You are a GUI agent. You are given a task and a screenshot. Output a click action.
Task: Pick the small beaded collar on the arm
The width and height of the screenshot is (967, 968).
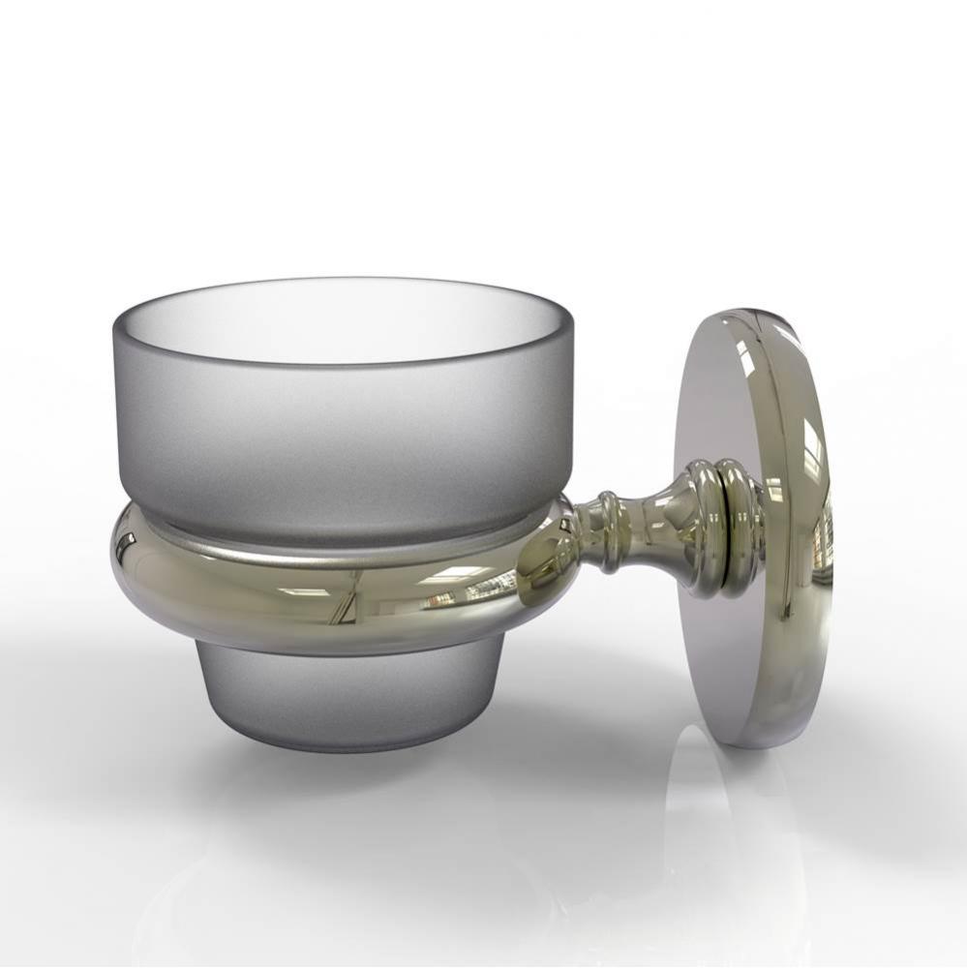coord(607,531)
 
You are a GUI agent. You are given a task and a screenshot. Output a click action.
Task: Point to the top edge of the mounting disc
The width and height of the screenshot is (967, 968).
coord(745,312)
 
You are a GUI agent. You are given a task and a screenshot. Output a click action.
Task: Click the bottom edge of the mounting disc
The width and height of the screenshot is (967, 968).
coord(765,746)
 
